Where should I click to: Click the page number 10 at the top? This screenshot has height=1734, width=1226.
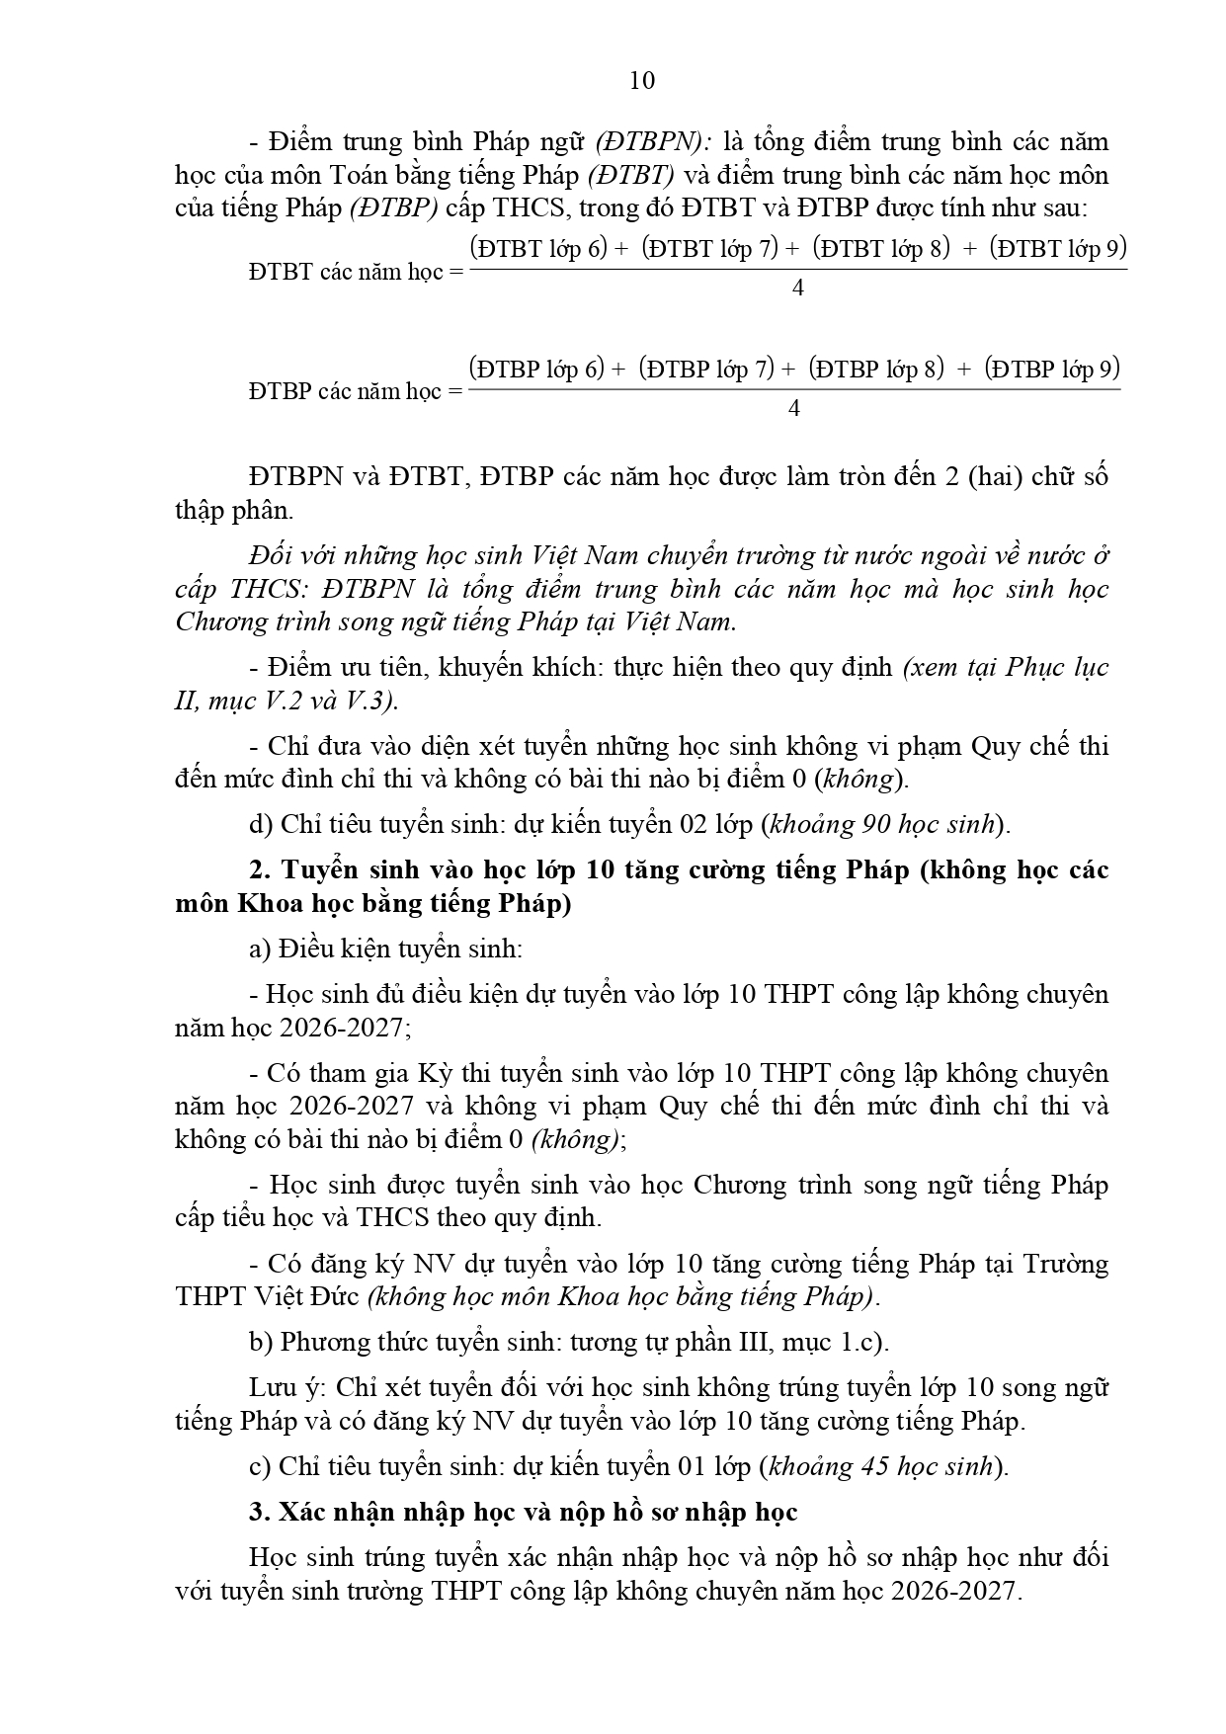click(641, 80)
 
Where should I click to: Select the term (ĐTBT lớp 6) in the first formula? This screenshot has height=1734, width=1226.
click(538, 248)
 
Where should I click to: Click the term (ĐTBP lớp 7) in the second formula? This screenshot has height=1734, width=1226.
click(705, 370)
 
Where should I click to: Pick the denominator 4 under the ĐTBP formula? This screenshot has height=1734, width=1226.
click(794, 409)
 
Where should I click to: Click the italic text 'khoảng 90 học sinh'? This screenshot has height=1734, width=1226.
click(882, 824)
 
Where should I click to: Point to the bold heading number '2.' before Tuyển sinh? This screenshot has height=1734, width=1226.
click(260, 869)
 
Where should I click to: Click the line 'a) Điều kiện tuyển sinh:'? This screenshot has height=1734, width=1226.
click(385, 949)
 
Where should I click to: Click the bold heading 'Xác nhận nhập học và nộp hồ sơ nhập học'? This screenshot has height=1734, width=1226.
click(538, 1512)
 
